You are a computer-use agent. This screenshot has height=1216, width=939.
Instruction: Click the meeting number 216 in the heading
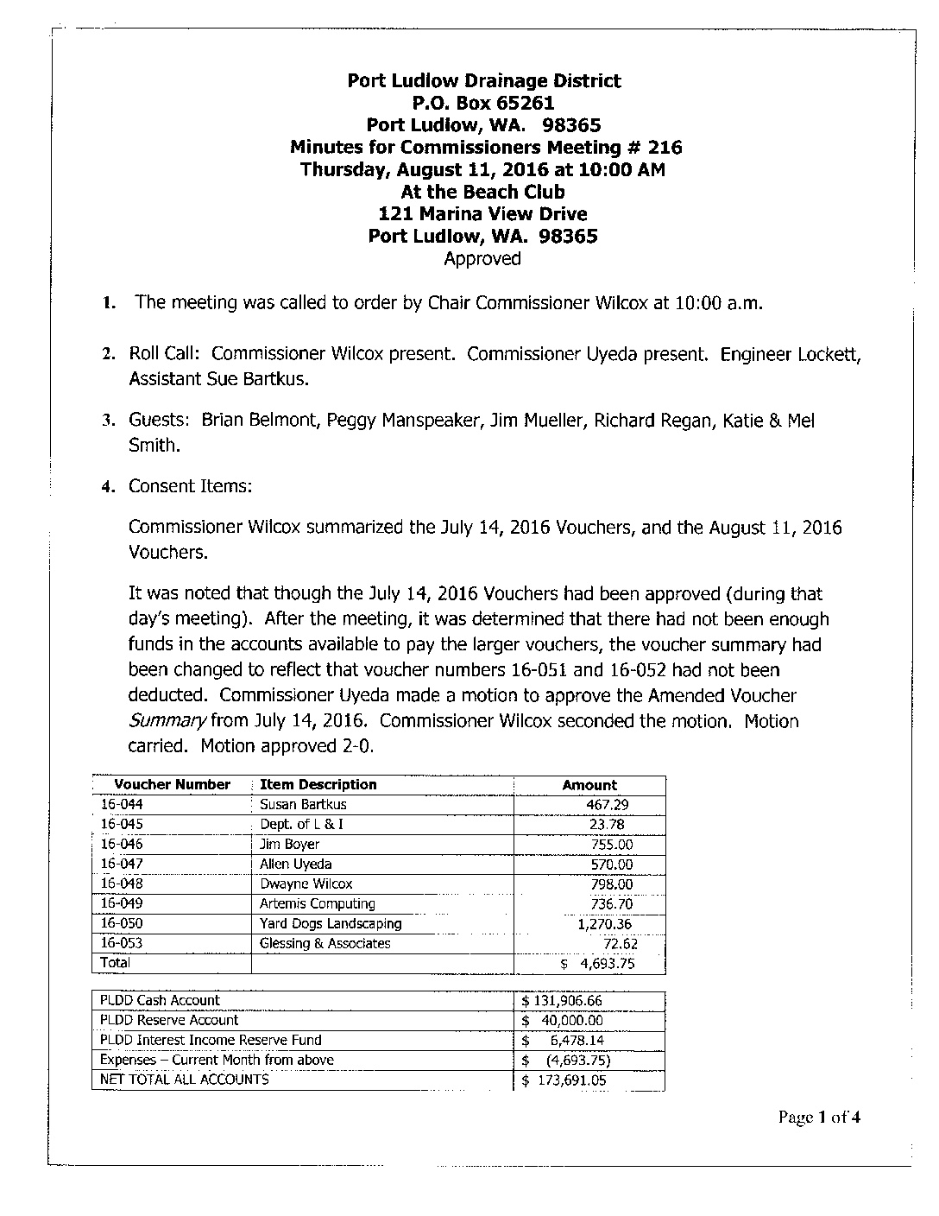pyautogui.click(x=665, y=148)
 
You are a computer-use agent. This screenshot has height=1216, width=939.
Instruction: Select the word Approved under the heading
pyautogui.click(x=482, y=259)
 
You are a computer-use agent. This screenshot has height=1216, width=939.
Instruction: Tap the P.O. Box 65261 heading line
pyautogui.click(x=482, y=104)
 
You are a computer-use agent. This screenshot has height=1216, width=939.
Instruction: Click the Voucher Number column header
pyautogui.click(x=172, y=785)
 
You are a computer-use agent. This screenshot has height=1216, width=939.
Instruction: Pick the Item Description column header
pyautogui.click(x=318, y=785)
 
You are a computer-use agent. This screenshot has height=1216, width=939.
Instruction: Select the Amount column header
pyautogui.click(x=589, y=786)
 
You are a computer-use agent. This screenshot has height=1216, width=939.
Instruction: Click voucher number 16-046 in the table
pyautogui.click(x=122, y=845)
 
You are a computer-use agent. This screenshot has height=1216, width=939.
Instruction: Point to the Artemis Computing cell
pyautogui.click(x=317, y=904)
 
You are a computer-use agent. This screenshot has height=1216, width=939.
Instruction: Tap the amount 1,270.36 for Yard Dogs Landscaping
pyautogui.click(x=605, y=924)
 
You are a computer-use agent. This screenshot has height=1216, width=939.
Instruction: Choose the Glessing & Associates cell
pyautogui.click(x=325, y=944)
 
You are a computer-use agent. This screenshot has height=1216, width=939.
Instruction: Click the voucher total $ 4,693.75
pyautogui.click(x=597, y=964)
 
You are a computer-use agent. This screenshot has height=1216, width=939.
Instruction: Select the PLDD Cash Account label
pyautogui.click(x=160, y=1001)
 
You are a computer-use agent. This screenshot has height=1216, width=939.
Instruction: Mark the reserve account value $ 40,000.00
pyautogui.click(x=562, y=1021)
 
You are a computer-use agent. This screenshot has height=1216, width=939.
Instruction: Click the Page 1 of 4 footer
pyautogui.click(x=819, y=1118)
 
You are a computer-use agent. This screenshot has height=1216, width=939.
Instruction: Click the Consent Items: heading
pyautogui.click(x=190, y=486)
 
